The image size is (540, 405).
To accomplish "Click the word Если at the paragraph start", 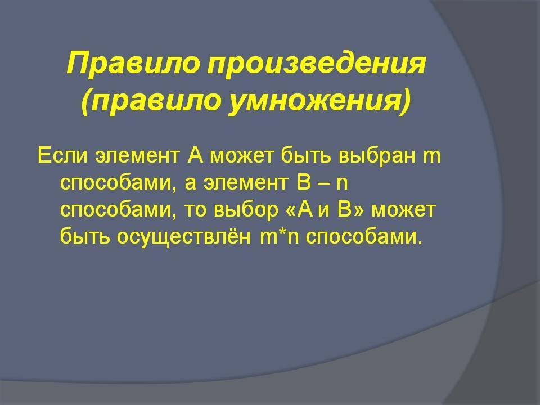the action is pos(62,155).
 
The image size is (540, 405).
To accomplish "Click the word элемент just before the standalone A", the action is pos(137,156).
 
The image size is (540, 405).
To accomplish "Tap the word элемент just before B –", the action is pos(246,183).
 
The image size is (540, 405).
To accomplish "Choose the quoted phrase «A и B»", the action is pos(325,210).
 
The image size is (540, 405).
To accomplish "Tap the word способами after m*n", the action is pos(364,237).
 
